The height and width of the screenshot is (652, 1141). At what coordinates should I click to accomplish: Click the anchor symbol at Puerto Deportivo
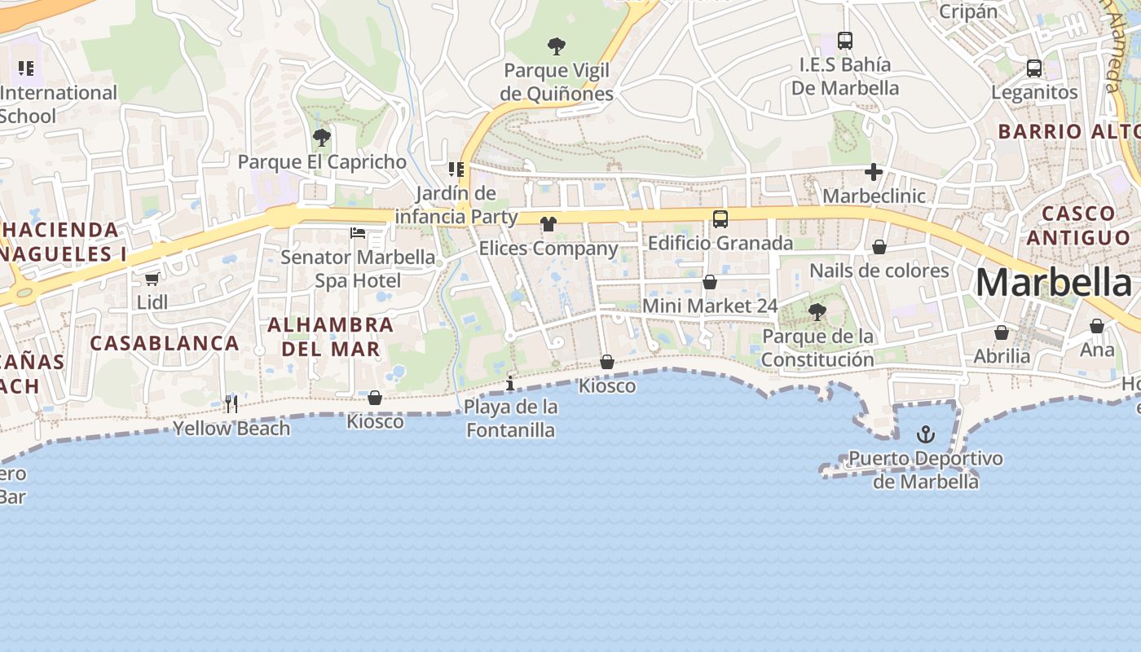coord(925,434)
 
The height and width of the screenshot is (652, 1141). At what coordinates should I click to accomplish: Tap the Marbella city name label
coord(1053,283)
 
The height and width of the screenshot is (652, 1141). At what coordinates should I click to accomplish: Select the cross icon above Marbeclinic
coord(874,172)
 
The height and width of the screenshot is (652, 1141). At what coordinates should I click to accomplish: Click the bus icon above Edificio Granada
coord(720,218)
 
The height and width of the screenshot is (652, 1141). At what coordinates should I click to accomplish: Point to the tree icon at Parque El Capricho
coord(322,137)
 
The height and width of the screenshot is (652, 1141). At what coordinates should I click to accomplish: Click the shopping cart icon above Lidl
coord(152,279)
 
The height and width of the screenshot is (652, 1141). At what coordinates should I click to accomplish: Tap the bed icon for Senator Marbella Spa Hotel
coord(358,233)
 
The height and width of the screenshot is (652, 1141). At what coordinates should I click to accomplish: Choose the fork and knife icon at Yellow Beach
coord(231,403)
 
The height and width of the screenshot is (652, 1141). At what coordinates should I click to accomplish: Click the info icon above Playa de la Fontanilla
coord(510,383)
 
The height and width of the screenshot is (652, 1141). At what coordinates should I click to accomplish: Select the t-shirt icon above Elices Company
coord(548,223)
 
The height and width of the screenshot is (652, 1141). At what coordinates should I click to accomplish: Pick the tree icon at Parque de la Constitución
coord(817,311)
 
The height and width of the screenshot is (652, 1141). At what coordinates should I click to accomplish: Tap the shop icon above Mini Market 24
coord(710,282)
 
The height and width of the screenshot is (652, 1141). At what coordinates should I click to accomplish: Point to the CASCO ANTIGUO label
coord(1078,225)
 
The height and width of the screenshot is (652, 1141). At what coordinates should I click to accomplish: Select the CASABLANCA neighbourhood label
coord(164,343)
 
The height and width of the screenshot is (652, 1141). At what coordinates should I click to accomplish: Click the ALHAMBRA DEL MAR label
coord(330,337)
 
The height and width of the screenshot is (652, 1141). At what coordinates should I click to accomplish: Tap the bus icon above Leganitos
coord(1034,68)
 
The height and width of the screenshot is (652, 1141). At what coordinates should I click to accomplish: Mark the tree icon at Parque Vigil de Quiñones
coord(557,46)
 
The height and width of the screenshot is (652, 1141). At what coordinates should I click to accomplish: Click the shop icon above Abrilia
coord(1002,333)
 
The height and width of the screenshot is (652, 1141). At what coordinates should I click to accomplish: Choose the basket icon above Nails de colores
coord(879,246)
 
